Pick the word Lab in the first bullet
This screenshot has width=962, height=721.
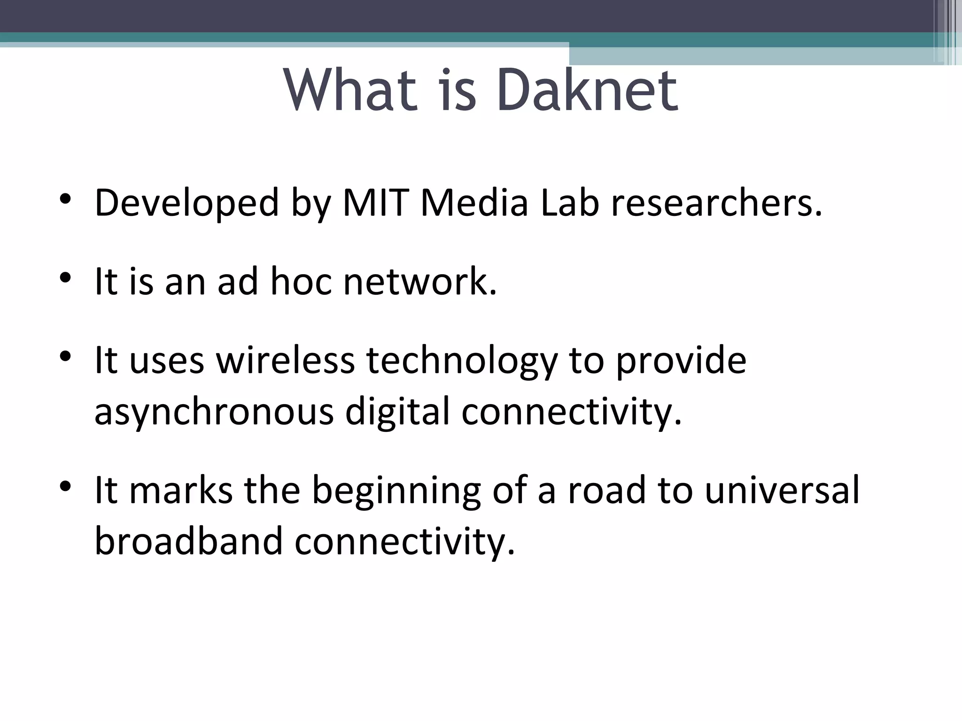(570, 203)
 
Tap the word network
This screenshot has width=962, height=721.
(420, 282)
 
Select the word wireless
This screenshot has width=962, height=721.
(285, 360)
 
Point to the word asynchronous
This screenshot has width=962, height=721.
(214, 412)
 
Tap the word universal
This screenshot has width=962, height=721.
(782, 490)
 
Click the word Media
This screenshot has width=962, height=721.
(474, 203)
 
